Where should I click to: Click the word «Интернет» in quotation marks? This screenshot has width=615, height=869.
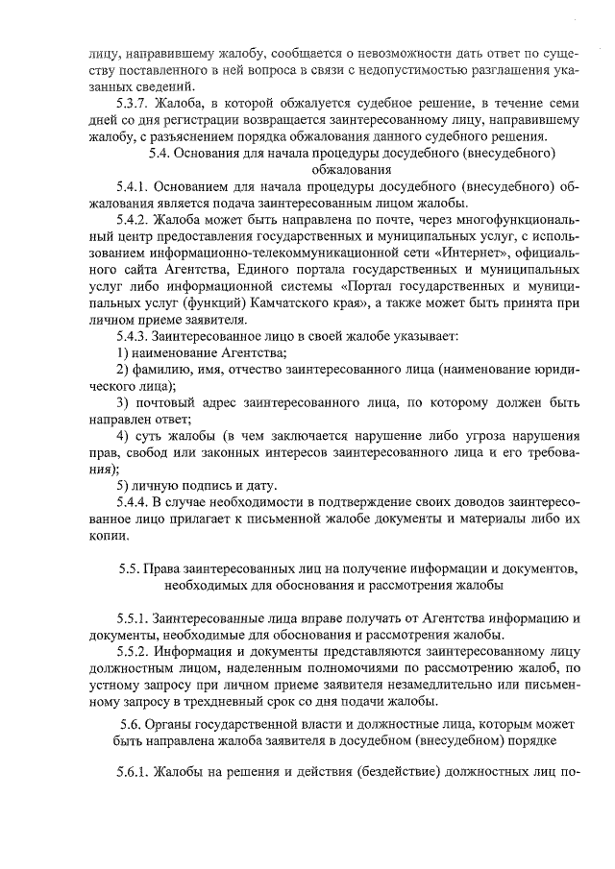[466, 253]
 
